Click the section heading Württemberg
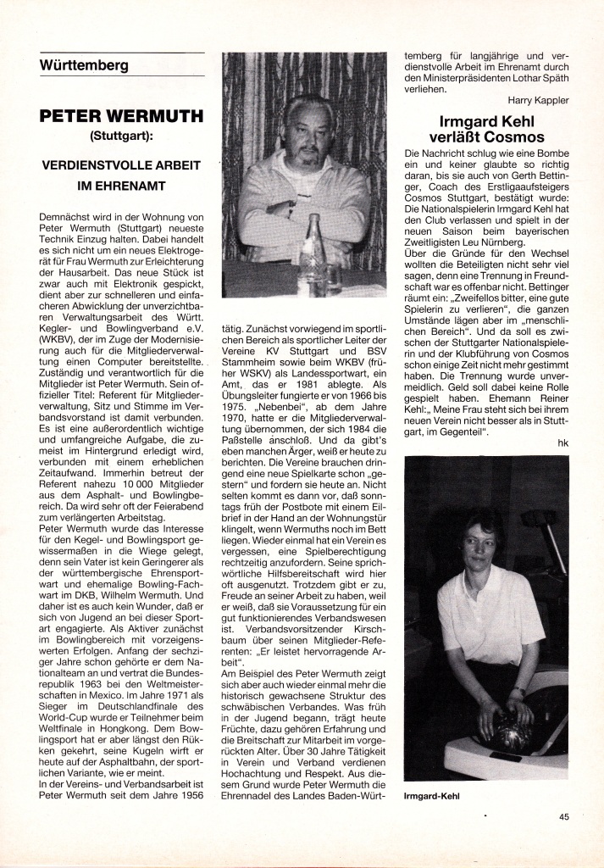click(84, 64)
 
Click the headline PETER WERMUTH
click(122, 116)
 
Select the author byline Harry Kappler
click(539, 99)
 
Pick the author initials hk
click(562, 442)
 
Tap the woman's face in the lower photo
click(479, 547)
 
